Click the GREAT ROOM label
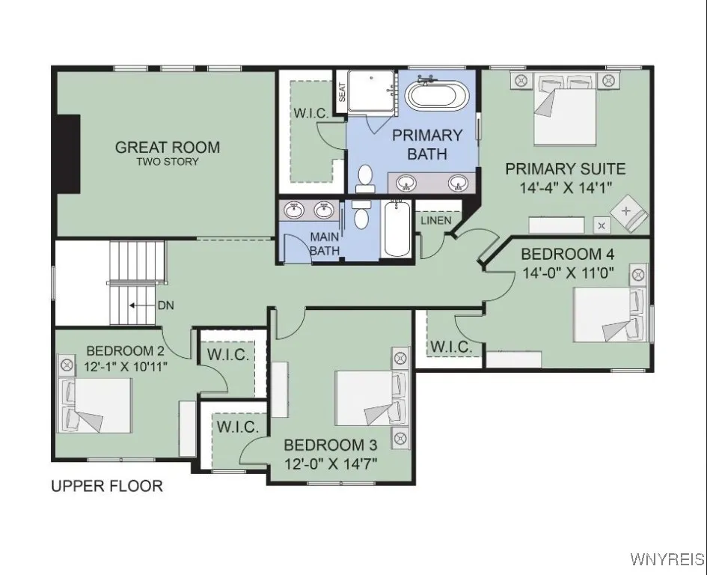pyautogui.click(x=168, y=147)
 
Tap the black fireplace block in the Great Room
pyautogui.click(x=70, y=154)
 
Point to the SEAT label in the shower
pyautogui.click(x=342, y=91)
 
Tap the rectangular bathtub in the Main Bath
pyautogui.click(x=394, y=228)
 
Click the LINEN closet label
pyautogui.click(x=435, y=220)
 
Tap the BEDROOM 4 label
pyautogui.click(x=562, y=254)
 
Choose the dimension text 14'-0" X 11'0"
pyautogui.click(x=568, y=273)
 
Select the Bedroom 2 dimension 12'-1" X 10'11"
pyautogui.click(x=125, y=366)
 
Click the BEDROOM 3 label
pyautogui.click(x=329, y=445)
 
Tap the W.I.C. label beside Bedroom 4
pyautogui.click(x=451, y=347)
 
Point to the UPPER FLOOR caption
pyautogui.click(x=107, y=486)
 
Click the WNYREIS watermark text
pyautogui.click(x=667, y=559)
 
